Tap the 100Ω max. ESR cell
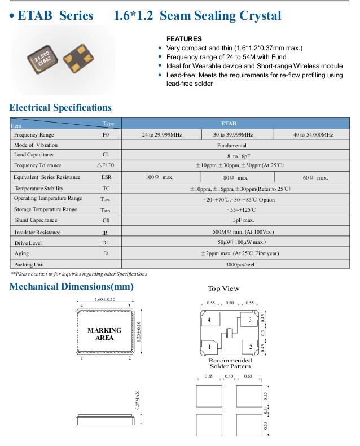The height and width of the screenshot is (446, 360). (x=160, y=177)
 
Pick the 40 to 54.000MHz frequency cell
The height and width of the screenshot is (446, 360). (x=313, y=135)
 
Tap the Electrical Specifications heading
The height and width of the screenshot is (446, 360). (x=60, y=107)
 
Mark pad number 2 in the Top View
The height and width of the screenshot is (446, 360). (x=250, y=346)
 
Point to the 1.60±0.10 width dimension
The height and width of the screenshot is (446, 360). (x=105, y=299)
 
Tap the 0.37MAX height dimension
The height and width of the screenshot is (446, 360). (x=137, y=401)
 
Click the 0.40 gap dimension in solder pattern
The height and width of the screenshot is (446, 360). (x=229, y=376)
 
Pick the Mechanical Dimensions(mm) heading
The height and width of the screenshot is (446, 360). (x=72, y=287)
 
